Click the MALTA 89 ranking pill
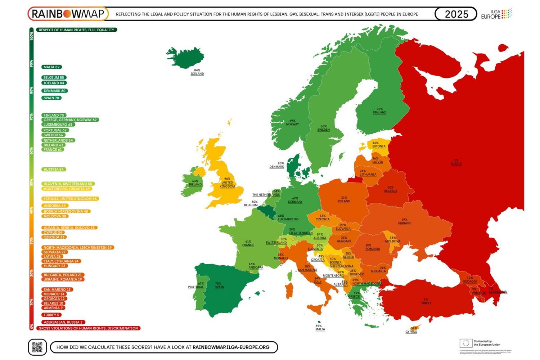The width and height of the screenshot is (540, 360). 51,67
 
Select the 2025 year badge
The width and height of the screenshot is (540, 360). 456,14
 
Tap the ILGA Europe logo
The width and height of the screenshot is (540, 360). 496,14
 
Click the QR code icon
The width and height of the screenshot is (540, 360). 37,347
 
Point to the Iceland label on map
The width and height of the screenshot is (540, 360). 197,72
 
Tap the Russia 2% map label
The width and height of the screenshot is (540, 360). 456,162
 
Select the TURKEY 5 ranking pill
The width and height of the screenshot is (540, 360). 51,315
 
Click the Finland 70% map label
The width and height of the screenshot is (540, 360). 379,111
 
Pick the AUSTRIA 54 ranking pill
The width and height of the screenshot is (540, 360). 54,169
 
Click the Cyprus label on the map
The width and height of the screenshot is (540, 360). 411,330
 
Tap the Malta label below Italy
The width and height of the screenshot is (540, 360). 320,328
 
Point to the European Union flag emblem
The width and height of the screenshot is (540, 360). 465,343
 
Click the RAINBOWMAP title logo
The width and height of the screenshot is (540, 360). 68,14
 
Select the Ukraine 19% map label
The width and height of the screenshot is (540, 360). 404,221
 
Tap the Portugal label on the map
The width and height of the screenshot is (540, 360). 196,285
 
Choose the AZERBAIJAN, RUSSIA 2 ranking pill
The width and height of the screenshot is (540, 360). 63,322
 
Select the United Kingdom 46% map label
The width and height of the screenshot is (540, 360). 227,183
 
